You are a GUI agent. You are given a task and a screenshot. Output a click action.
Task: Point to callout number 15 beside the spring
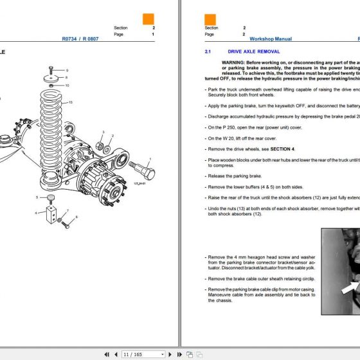(71, 102)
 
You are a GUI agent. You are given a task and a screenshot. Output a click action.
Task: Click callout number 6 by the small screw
(76, 217)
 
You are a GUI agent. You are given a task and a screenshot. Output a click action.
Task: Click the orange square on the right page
(210, 19)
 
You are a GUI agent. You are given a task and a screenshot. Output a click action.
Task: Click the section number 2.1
(208, 51)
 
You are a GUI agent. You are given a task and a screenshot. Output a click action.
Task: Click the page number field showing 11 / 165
(134, 354)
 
